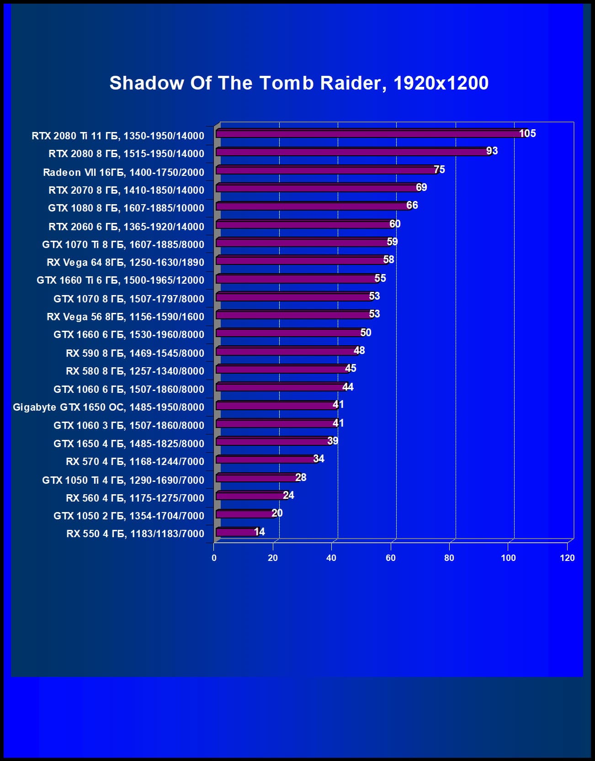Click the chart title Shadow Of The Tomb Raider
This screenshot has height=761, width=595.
point(299,83)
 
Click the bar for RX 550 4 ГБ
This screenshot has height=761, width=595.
point(236,532)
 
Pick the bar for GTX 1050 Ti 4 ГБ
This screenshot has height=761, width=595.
point(256,478)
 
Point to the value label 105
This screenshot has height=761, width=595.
point(527,133)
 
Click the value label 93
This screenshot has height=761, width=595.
point(492,151)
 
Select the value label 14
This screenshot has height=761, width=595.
point(260,532)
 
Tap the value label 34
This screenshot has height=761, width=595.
point(319,459)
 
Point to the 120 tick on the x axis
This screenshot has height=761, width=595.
point(567,558)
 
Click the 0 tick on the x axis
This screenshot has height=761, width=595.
point(214,558)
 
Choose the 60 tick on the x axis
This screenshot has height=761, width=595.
point(391,558)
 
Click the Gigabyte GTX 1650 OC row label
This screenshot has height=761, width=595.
point(108,407)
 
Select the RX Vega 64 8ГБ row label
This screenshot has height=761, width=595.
point(125,262)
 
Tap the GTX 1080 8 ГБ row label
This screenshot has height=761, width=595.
point(126,208)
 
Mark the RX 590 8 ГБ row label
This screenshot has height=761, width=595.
point(135,353)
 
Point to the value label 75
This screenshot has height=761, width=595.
point(439,169)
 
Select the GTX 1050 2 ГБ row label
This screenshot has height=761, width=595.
point(129,516)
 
